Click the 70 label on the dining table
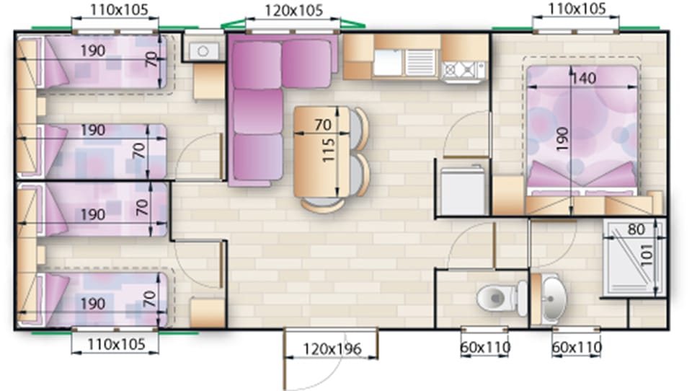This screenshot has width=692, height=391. pyautogui.click(x=324, y=124)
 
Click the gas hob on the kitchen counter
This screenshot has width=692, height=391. pyautogui.click(x=462, y=69)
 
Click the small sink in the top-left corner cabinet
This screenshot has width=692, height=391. pyautogui.click(x=203, y=50)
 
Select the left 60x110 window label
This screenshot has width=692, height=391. pyautogui.click(x=484, y=348)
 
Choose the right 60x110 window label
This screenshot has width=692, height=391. pyautogui.click(x=576, y=348)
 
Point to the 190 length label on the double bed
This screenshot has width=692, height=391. pyautogui.click(x=562, y=135)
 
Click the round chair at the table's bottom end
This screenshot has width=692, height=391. pyautogui.click(x=321, y=203)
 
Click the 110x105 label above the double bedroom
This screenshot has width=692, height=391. pyautogui.click(x=577, y=9)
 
